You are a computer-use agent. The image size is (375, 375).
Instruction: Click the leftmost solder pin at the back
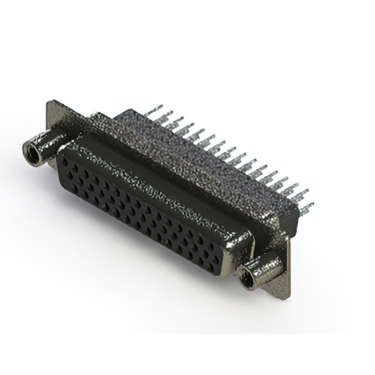click(154, 111)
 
